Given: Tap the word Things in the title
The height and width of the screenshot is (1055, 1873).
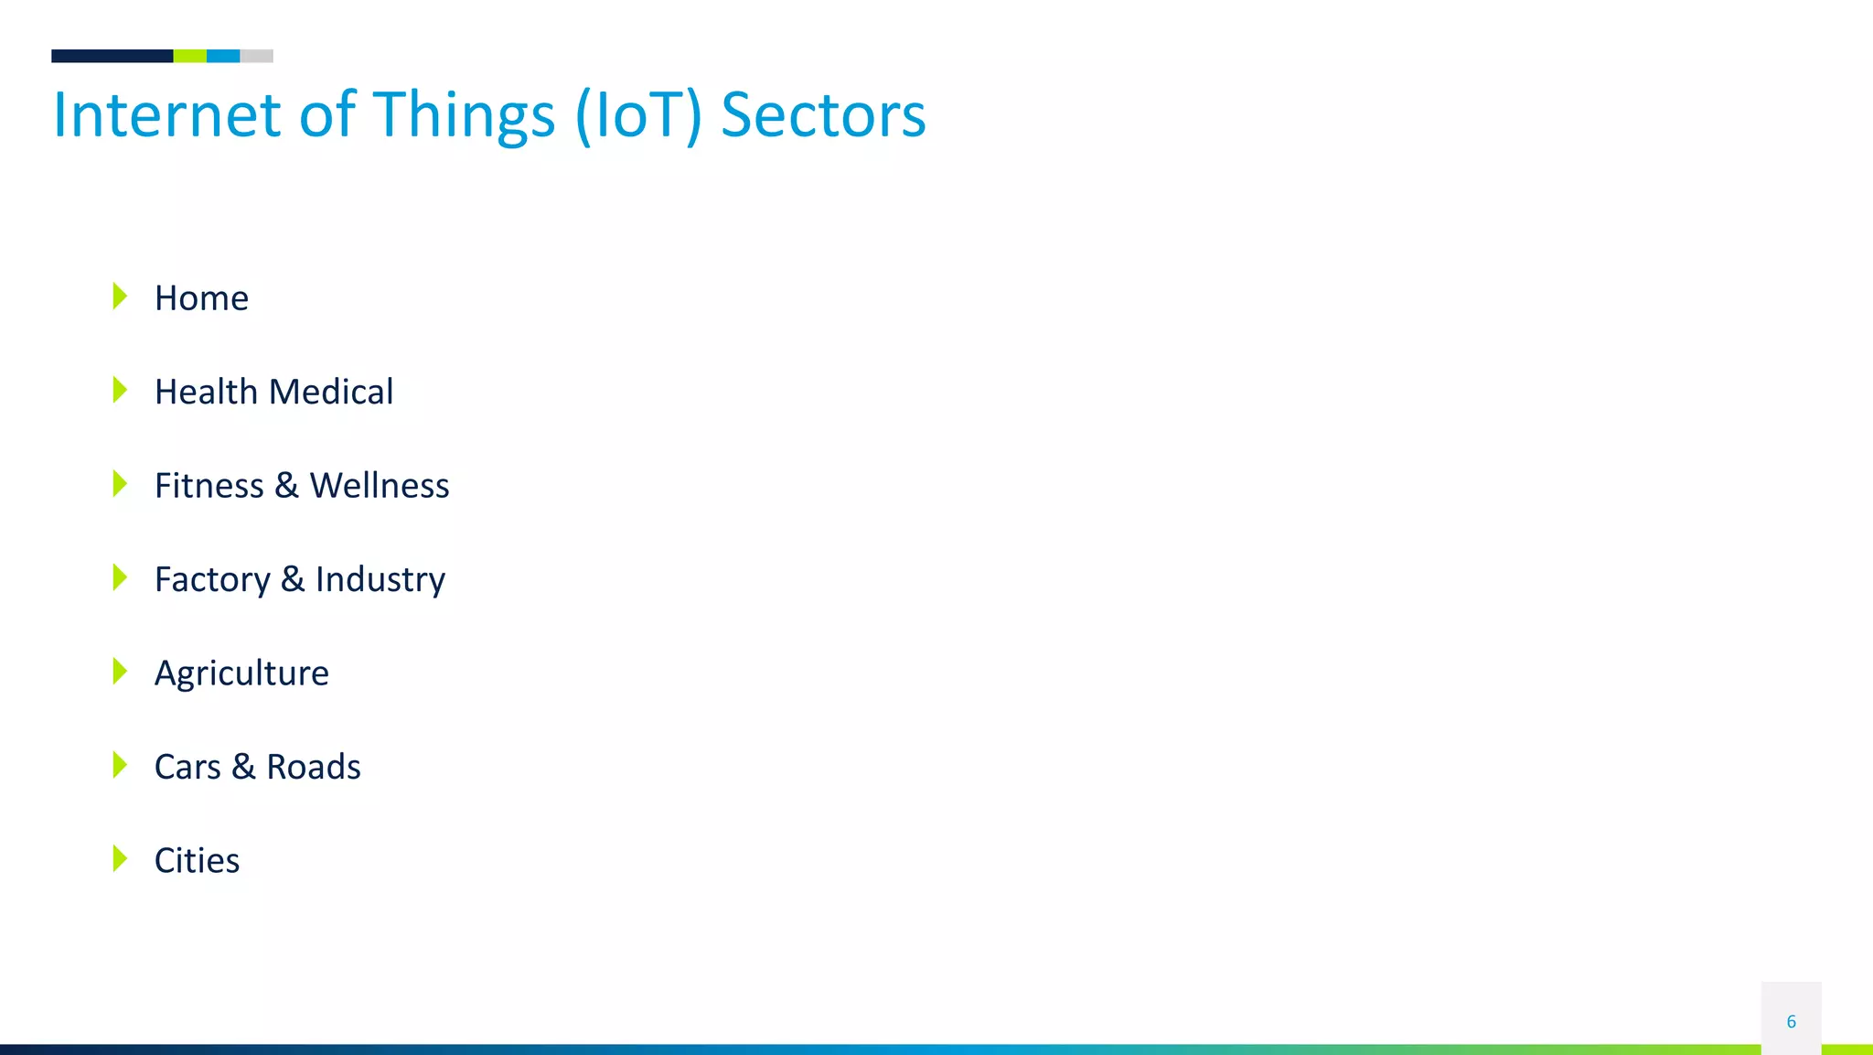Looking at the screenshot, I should click(464, 115).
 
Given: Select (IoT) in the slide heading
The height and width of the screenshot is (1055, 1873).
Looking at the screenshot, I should click(638, 115).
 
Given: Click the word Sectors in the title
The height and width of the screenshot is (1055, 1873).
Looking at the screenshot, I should click(823, 115).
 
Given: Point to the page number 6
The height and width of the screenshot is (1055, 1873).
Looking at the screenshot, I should click(1791, 1021).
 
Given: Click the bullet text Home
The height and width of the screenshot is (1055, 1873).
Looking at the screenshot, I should click(201, 298).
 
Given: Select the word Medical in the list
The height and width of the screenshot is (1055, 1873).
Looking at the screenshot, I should click(331, 392).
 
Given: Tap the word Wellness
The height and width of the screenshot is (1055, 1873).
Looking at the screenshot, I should click(380, 486).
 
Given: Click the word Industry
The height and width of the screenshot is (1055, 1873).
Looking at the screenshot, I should click(380, 579).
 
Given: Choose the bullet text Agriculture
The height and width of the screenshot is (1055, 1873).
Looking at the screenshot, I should click(241, 673).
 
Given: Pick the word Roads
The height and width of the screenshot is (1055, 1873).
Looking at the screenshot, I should click(314, 767).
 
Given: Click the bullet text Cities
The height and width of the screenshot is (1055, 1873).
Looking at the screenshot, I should click(197, 861).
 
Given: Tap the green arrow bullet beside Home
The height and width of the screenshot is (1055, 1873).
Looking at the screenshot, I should click(120, 296).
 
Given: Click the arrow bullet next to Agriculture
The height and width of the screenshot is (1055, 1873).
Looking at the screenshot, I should click(120, 672).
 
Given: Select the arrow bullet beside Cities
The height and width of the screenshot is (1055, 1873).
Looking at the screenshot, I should click(120, 859).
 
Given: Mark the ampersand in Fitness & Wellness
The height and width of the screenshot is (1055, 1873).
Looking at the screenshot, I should click(286, 486).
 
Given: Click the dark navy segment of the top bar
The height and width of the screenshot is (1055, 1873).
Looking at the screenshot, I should click(112, 56).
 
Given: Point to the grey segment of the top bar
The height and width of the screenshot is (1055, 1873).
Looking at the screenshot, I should click(257, 56).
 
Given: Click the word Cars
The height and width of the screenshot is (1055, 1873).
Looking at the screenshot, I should click(187, 767).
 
